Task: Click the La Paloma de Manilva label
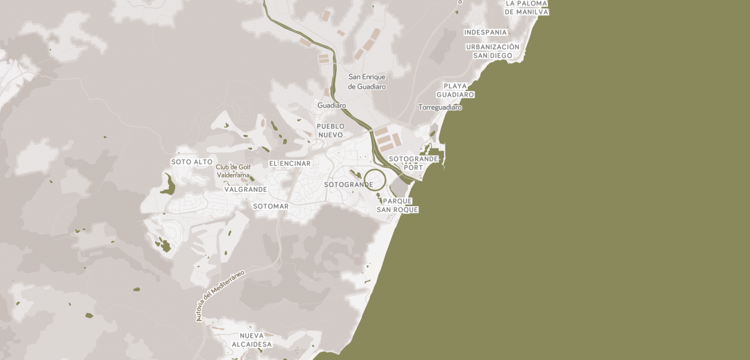click(527, 7)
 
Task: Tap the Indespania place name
click(485, 33)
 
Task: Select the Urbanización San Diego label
click(492, 52)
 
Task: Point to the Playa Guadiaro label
click(455, 90)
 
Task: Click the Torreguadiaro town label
click(440, 108)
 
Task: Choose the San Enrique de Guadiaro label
click(367, 82)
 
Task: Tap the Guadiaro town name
click(331, 106)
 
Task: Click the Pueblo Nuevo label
click(330, 130)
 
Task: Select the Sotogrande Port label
click(413, 163)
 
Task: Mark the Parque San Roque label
click(397, 205)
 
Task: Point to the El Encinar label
click(290, 164)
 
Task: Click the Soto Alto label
click(192, 163)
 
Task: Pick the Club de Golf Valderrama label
click(233, 171)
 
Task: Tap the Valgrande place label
click(246, 189)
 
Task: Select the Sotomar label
click(271, 207)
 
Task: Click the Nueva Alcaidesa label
click(252, 340)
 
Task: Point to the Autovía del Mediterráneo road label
click(220, 295)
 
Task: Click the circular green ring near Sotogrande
click(375, 170)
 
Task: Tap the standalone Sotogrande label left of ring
click(348, 185)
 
